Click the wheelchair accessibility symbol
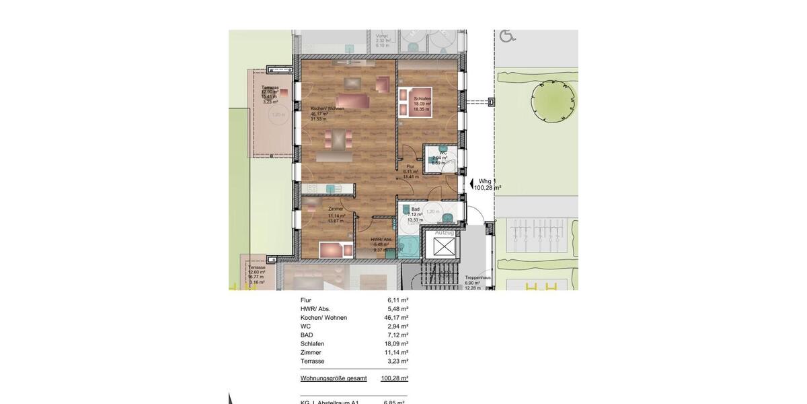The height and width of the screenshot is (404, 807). [x=508, y=35]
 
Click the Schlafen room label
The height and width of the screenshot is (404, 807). [x=422, y=99]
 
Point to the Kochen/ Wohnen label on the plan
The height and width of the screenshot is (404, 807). [x=328, y=108]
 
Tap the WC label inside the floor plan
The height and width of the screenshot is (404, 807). [x=443, y=153]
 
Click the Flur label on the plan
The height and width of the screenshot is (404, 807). [x=410, y=166]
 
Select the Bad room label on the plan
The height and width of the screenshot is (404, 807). [x=416, y=209]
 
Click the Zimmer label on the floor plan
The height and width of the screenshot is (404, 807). [x=336, y=209]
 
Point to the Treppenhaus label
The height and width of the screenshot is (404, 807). [x=477, y=277]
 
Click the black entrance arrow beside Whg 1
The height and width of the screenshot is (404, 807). [x=471, y=182]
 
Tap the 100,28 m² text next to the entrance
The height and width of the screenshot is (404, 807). [x=488, y=188]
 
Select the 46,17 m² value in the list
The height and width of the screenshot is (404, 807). [x=396, y=318]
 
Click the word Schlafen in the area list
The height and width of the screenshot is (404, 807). [x=312, y=344]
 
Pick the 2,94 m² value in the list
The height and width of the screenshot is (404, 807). [x=397, y=327]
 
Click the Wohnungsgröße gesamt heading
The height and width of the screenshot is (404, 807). [x=334, y=378]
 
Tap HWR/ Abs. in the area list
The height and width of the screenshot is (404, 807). [x=315, y=309]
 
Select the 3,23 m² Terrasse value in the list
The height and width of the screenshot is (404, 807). [x=397, y=362]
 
